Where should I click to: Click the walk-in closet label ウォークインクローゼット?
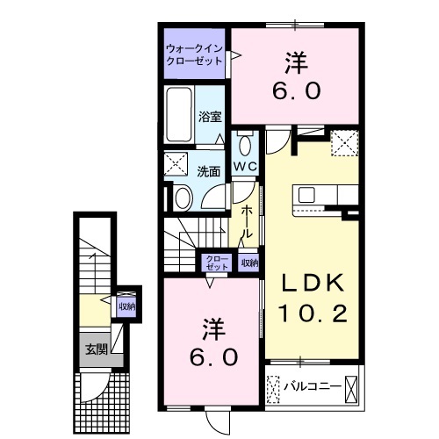click(x=194, y=54)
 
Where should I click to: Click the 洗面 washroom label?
click(x=207, y=172)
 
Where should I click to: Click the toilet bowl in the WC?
click(x=244, y=144)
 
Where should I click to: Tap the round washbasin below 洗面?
click(x=182, y=198)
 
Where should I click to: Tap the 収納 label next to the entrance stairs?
click(x=126, y=306)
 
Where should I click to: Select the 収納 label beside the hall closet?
click(x=249, y=263)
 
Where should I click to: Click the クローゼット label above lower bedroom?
click(x=215, y=263)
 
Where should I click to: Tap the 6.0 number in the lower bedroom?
click(x=211, y=357)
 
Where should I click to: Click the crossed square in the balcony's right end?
click(x=352, y=385)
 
